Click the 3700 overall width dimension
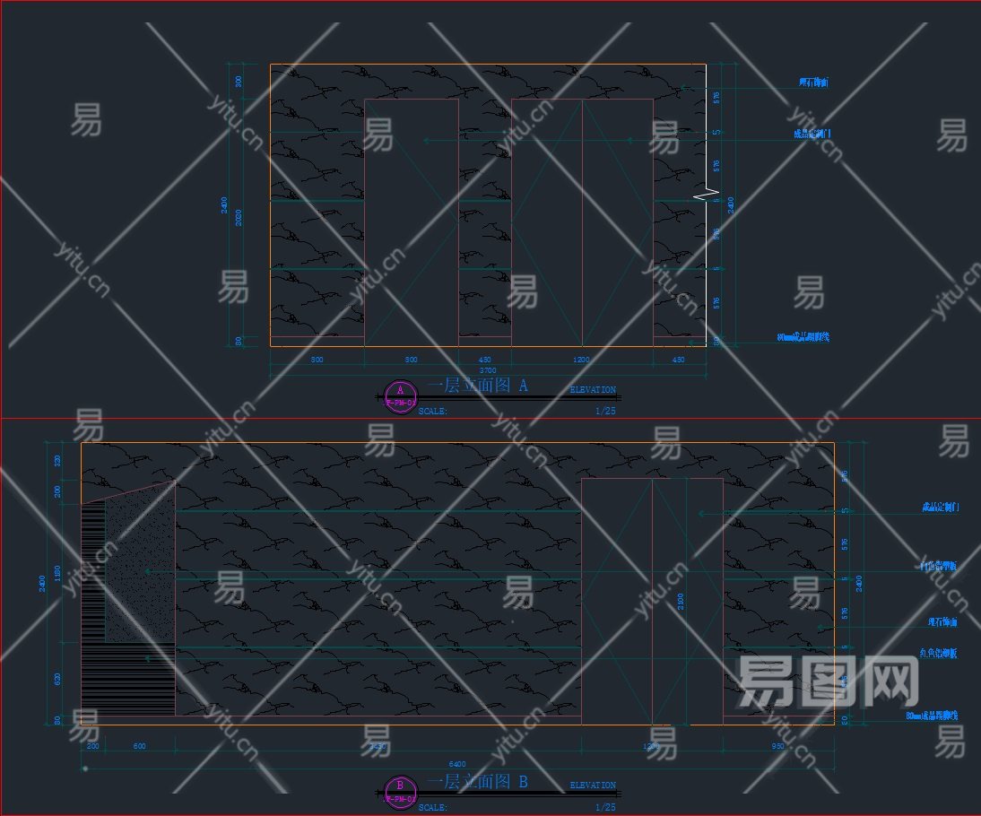(x=488, y=369)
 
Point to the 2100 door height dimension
(x=680, y=599)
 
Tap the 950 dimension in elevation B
(x=777, y=745)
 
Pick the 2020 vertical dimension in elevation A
(x=239, y=218)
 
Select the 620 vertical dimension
(x=59, y=679)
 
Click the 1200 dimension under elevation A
(x=581, y=360)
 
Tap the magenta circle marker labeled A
(x=400, y=395)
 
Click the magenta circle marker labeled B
(x=400, y=791)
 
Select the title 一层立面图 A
(x=477, y=386)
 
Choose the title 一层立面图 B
(x=477, y=782)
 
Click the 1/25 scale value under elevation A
(x=605, y=411)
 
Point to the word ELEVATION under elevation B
(x=593, y=786)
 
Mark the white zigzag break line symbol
(x=708, y=194)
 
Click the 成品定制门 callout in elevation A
(x=812, y=135)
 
